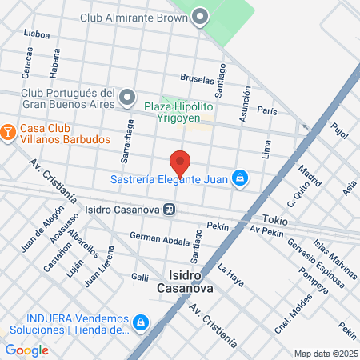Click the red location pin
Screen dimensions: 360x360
[x=181, y=162]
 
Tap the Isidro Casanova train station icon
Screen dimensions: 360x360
[x=170, y=210]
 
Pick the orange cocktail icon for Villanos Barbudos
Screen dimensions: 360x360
[x=7, y=130]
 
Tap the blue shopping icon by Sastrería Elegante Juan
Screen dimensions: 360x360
[x=238, y=178]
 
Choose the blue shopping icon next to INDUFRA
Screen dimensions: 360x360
[x=140, y=322]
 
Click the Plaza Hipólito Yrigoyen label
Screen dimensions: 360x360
[x=178, y=112]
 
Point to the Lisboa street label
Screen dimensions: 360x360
[x=38, y=34]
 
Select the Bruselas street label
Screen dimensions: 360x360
[x=198, y=78]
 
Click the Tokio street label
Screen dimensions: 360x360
[x=274, y=218]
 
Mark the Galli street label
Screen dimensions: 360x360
[x=140, y=277]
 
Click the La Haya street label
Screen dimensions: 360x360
[x=230, y=275]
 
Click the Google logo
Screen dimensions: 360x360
[x=26, y=350]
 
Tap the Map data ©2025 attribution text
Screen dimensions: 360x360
[x=324, y=354]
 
